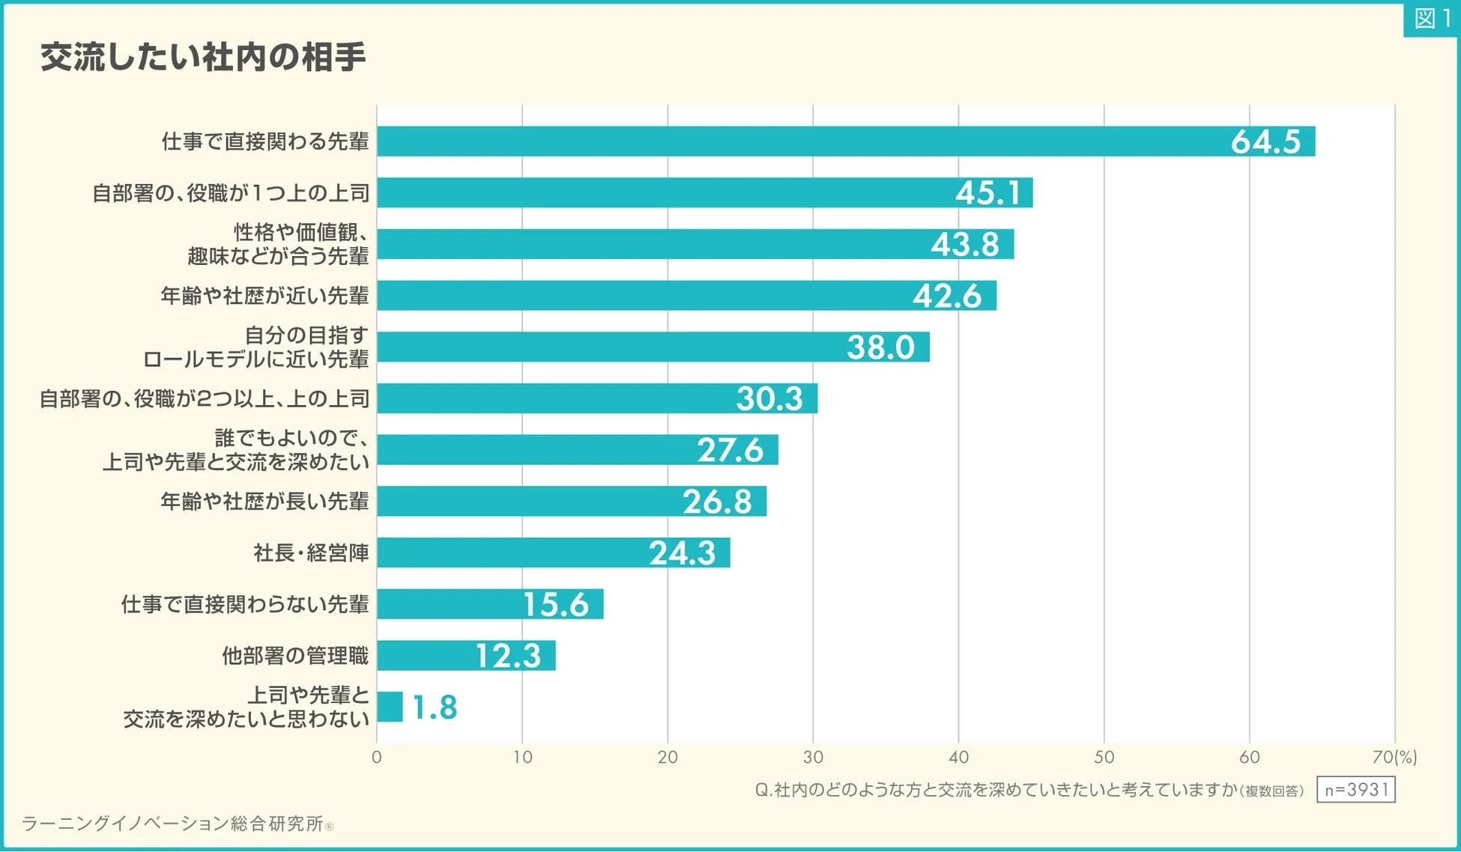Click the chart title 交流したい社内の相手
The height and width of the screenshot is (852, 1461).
coord(202,57)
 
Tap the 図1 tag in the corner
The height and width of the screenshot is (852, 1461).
coord(1431,18)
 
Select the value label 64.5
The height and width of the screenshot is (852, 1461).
coord(1265,142)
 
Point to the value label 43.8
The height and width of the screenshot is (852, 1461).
coord(965,244)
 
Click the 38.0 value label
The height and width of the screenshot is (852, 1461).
coord(880,347)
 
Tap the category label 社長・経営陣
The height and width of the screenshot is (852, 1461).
coord(311,553)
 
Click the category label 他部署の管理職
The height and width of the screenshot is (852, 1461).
coord(295,656)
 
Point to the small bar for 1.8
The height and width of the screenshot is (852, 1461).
coord(390,707)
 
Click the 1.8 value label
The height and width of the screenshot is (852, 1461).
coord(435,707)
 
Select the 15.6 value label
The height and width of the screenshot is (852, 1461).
coord(555,604)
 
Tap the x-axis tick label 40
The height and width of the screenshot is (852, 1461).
coord(958,757)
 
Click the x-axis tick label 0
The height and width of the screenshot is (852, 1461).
coord(377,757)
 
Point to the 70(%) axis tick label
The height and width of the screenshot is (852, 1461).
coord(1394,757)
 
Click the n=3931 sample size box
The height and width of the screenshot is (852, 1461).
coord(1356,790)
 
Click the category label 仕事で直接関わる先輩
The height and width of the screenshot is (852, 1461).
coord(265,142)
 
